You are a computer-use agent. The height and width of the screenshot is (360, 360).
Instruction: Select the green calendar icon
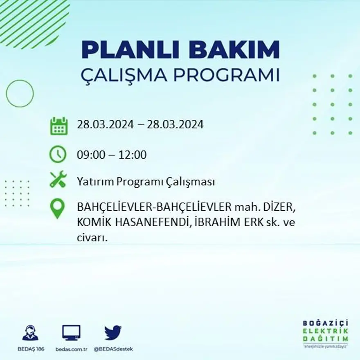59,126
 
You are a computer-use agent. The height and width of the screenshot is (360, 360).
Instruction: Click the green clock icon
58,155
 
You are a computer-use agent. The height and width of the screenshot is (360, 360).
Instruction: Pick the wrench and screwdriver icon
58,180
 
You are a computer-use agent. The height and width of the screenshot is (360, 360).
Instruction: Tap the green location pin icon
57,208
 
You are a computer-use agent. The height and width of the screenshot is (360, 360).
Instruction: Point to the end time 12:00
133,155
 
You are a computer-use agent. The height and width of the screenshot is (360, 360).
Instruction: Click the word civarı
92,238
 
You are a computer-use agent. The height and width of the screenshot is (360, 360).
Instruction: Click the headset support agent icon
30,333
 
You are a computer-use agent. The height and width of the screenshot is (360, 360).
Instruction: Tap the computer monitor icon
71,333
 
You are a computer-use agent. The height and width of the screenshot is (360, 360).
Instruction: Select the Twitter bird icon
113,333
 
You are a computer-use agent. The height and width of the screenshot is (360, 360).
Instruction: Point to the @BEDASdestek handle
113,349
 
